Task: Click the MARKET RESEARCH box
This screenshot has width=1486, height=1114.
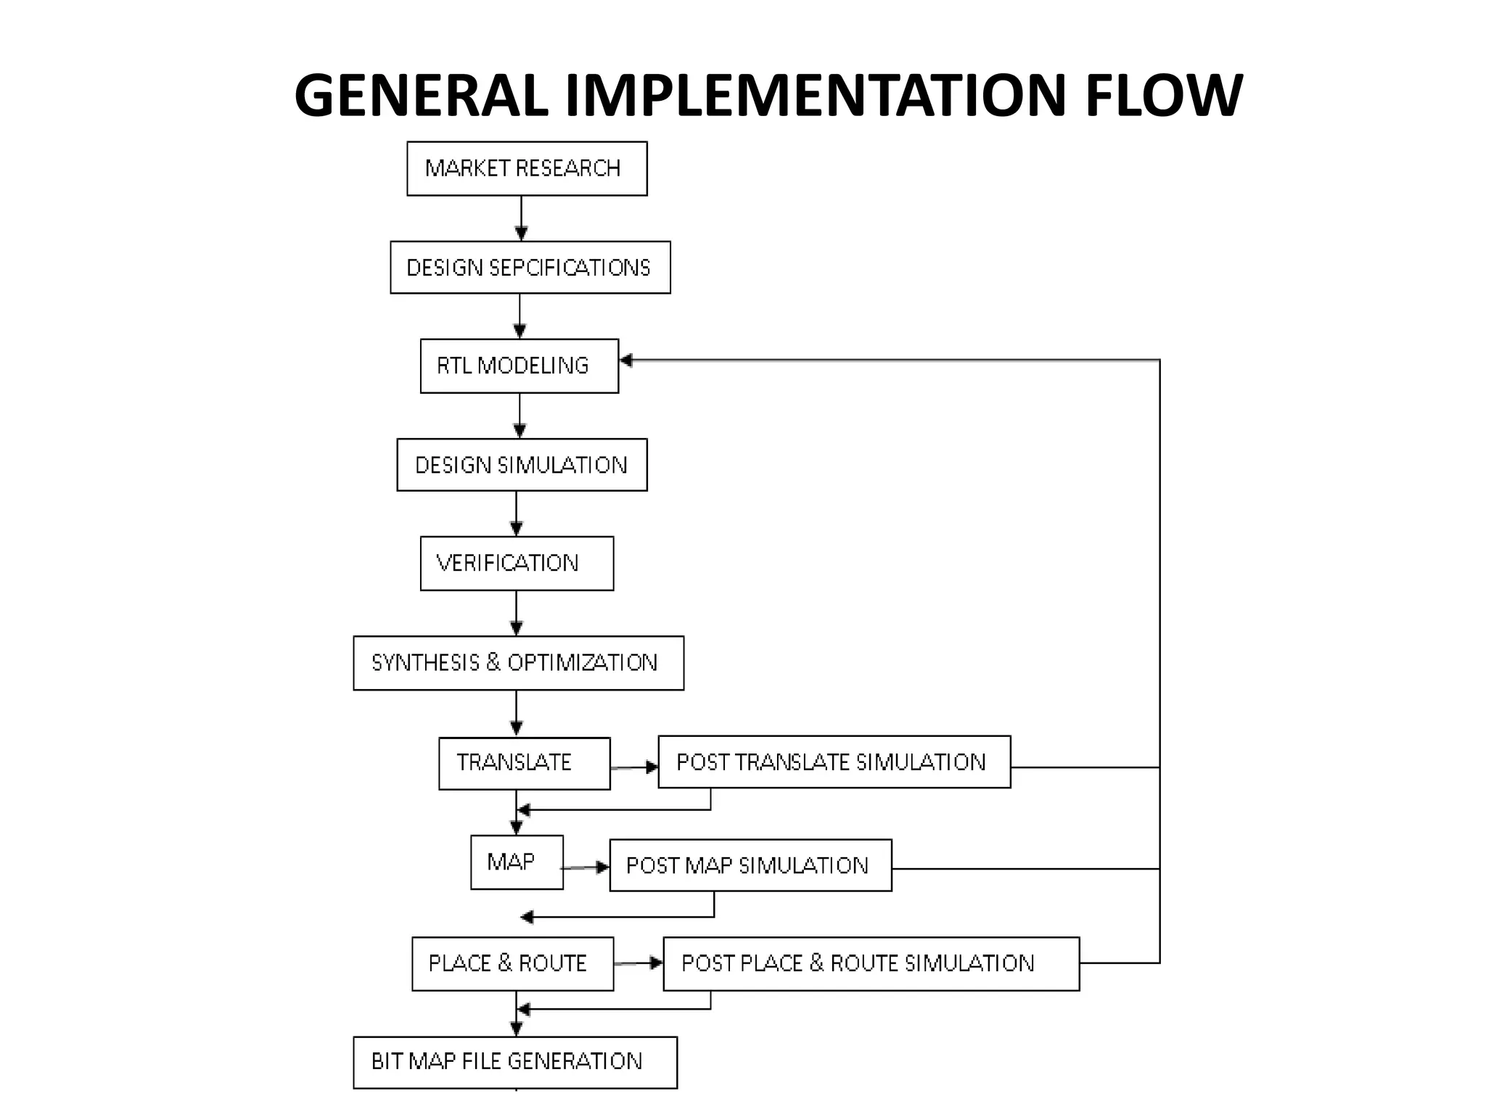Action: tap(527, 168)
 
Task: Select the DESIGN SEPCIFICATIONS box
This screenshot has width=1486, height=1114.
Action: tap(530, 268)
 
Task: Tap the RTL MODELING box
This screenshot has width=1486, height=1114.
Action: tap(520, 366)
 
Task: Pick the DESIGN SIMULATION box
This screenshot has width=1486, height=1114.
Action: tap(522, 465)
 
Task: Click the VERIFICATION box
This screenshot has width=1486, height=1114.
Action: tap(517, 564)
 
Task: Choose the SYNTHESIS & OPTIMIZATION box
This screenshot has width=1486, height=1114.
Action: tap(518, 663)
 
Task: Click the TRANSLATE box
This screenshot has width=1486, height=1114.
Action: tap(524, 763)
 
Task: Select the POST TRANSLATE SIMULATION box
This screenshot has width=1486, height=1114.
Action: tap(834, 762)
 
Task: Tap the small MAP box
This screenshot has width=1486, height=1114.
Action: tap(517, 862)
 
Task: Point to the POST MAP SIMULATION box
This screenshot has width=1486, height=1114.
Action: tap(750, 865)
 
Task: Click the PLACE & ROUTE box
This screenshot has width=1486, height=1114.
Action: tap(512, 964)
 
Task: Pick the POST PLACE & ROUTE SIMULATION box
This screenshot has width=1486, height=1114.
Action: tap(871, 964)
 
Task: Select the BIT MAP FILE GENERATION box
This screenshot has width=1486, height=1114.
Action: tap(515, 1062)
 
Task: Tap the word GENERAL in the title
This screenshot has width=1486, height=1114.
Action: tap(422, 96)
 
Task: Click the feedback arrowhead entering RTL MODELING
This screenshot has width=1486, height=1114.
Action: tap(626, 360)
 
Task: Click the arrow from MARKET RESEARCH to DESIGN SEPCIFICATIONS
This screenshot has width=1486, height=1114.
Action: tap(521, 218)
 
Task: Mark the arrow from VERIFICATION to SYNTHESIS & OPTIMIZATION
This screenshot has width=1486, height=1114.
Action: tap(517, 614)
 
